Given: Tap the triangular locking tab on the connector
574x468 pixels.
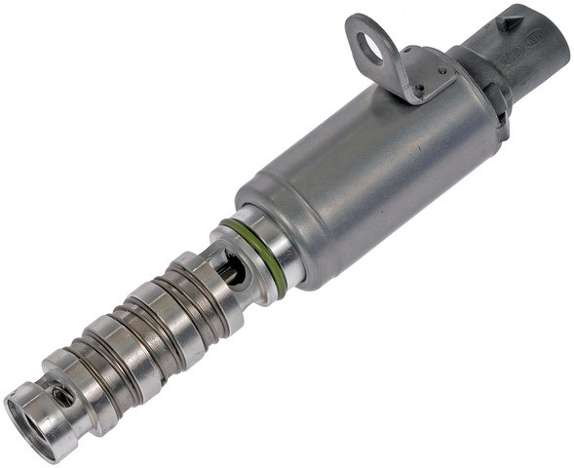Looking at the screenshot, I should (x=510, y=19).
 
